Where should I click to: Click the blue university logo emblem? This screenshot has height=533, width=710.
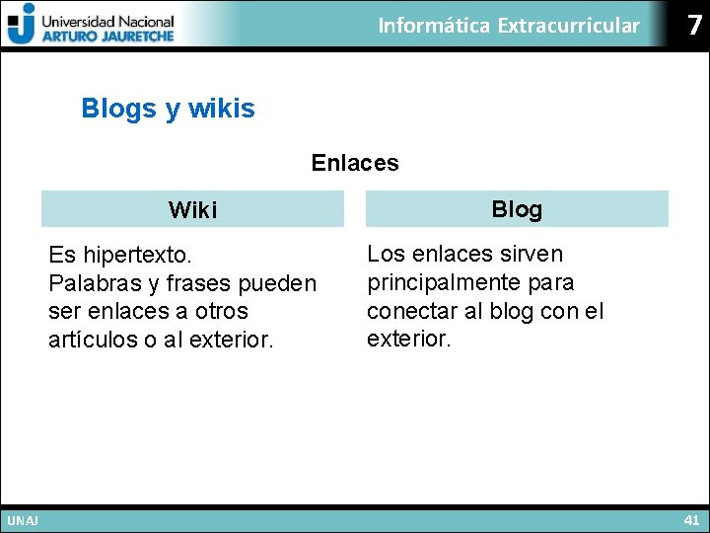(x=21, y=23)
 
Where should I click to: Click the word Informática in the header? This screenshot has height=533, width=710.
(x=434, y=26)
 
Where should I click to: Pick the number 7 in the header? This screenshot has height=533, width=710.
(x=695, y=26)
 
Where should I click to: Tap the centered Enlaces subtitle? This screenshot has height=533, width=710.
(x=355, y=163)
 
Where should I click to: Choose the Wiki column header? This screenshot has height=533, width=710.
(x=192, y=210)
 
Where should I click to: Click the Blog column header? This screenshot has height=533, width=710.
(x=517, y=209)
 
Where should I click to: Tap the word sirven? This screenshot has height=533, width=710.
(x=532, y=255)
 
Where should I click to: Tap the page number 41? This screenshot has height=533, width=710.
(x=690, y=519)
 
